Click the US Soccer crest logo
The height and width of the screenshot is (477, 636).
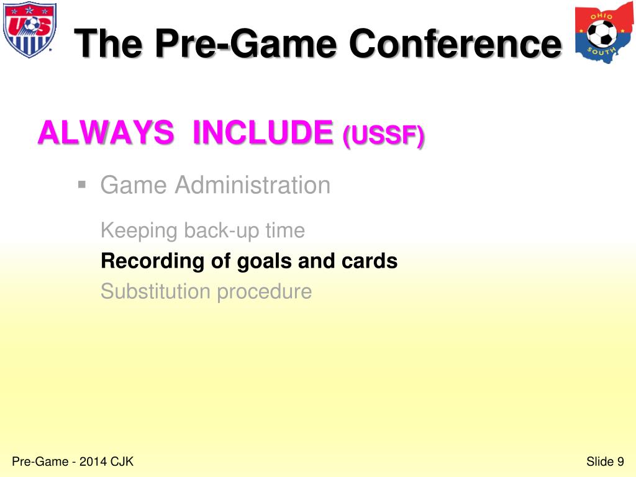(x=29, y=30)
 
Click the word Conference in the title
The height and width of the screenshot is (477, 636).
(x=454, y=44)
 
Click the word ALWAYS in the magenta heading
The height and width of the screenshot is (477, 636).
(x=106, y=132)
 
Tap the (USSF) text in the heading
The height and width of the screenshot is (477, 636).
(x=383, y=135)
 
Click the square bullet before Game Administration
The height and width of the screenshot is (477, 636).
(x=81, y=184)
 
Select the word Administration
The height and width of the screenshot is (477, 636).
(x=253, y=185)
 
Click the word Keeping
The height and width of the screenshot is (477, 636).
(x=139, y=231)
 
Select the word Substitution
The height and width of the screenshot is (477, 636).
(x=156, y=291)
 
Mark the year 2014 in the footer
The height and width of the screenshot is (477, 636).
(x=94, y=461)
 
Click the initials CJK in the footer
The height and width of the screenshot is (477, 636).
(x=122, y=461)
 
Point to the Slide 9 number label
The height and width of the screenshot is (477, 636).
(x=604, y=461)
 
